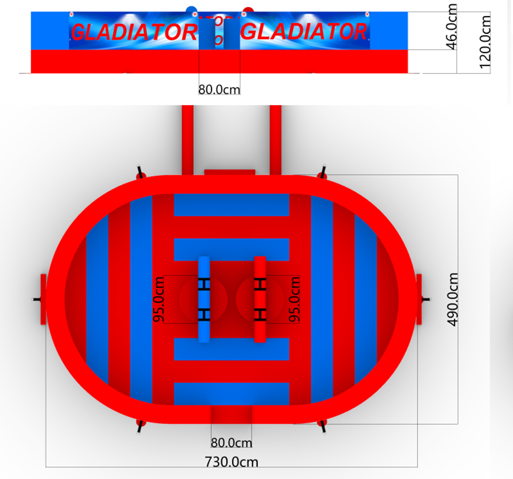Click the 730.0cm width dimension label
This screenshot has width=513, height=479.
(231, 461)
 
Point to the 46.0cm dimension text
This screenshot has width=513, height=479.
(452, 27)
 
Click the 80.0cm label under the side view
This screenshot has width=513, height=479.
(219, 90)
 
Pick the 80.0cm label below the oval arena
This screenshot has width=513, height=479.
(231, 442)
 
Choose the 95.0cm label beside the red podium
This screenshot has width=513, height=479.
(294, 299)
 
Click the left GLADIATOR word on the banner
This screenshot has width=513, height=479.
(134, 31)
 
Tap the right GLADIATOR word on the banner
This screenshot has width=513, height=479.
(307, 31)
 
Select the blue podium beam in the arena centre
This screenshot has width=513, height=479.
(204, 299)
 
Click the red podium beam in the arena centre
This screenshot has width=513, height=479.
(260, 299)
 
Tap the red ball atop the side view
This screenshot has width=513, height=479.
(248, 10)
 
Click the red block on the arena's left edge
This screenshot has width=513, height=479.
(44, 299)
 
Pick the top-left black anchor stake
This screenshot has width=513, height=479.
(140, 173)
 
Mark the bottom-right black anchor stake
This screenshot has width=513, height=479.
(323, 423)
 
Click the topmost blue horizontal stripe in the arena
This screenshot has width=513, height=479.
(231, 205)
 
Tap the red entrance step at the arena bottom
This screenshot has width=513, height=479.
(231, 415)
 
